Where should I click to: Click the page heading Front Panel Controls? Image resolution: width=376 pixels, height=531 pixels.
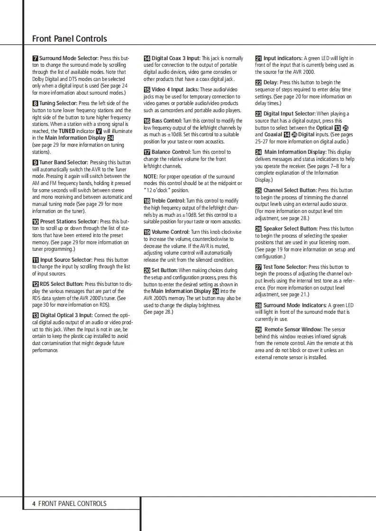[x=70, y=39]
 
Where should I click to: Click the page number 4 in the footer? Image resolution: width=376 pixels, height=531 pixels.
[x=34, y=504]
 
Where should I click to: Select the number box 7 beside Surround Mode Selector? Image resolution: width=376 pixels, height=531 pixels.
[x=35, y=58]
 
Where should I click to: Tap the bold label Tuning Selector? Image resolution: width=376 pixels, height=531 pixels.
[x=58, y=103]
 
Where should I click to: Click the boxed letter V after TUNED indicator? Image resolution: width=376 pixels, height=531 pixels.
[x=99, y=131]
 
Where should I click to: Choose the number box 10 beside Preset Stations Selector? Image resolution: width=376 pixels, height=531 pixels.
[x=36, y=221]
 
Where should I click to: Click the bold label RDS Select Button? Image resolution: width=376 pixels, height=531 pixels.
[x=61, y=284]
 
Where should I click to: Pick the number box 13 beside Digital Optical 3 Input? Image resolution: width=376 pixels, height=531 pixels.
[x=36, y=316]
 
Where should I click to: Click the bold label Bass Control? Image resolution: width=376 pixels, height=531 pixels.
[x=166, y=121]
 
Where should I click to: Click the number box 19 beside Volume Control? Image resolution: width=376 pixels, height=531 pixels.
[x=147, y=232]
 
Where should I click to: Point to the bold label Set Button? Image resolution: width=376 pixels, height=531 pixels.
[x=165, y=271]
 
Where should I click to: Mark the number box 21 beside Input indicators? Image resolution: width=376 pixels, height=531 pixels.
[x=258, y=58]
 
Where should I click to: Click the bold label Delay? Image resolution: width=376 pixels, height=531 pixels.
[x=271, y=83]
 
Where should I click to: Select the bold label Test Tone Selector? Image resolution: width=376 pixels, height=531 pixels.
[x=285, y=267]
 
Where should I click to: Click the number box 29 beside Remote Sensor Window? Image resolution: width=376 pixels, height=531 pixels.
[x=258, y=329]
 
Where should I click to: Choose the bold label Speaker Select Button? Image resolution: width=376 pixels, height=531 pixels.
[x=291, y=229]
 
